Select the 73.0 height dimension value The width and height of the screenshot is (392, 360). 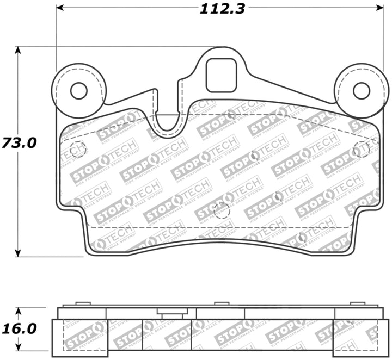(21, 143)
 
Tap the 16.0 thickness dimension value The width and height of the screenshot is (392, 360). (21, 329)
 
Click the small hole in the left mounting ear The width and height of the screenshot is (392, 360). (79, 91)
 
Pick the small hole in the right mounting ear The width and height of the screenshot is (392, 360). (361, 91)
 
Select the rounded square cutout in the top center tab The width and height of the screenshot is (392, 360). (221, 76)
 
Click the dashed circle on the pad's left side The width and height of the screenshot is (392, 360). (77, 148)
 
